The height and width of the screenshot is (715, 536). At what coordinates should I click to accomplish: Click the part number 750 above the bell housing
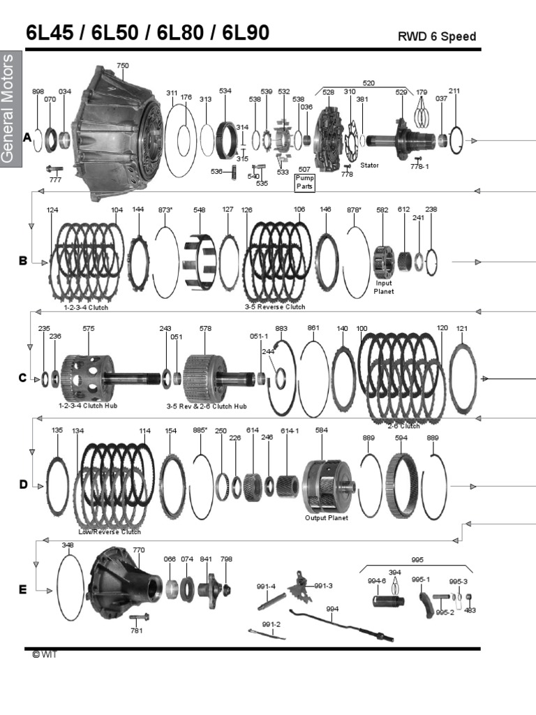click(122, 66)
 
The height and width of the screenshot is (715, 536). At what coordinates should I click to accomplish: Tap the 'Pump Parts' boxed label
click(304, 183)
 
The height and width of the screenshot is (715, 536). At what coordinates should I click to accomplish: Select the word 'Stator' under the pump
click(369, 165)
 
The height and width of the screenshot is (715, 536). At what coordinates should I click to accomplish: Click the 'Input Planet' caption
click(385, 287)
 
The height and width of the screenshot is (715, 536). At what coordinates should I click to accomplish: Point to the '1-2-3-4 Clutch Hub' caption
click(87, 406)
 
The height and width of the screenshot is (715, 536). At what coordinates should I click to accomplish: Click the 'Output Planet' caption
click(326, 517)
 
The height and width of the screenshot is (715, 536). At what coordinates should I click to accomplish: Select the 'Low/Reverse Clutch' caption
click(110, 531)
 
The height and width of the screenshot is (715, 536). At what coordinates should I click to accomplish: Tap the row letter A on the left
click(27, 138)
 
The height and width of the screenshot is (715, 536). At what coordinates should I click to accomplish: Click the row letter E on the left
click(22, 590)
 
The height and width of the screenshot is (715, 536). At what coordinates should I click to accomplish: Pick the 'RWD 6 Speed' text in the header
click(436, 36)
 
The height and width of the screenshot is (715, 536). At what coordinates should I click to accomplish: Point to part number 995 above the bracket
click(417, 559)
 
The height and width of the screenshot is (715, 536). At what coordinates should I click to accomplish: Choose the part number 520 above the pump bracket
click(368, 83)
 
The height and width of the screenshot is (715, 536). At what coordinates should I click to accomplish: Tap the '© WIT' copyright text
click(43, 654)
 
